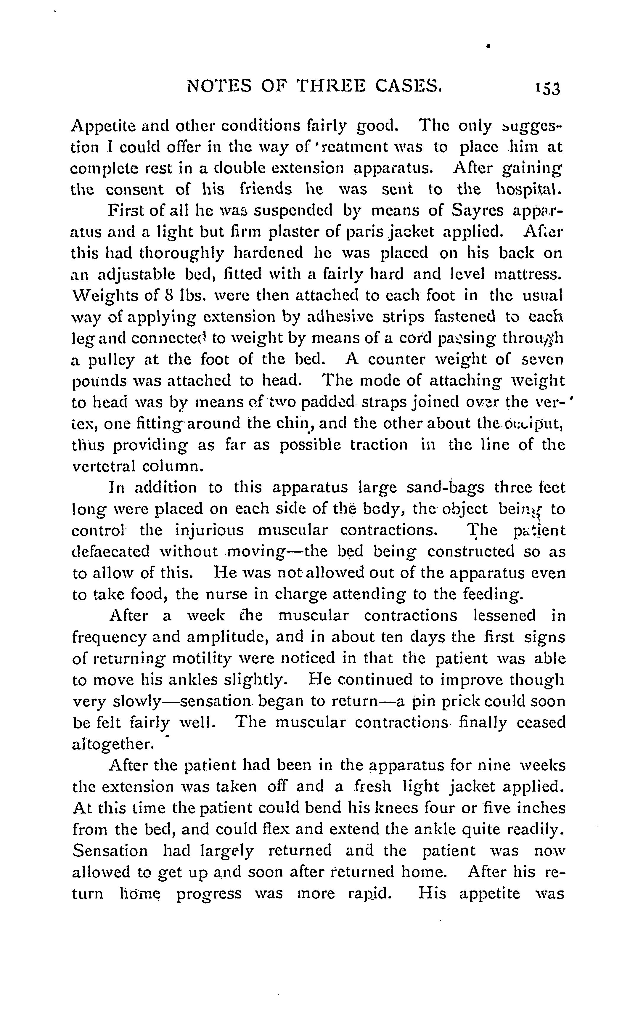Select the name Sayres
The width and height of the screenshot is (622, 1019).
477,211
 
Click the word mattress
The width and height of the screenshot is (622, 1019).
528,274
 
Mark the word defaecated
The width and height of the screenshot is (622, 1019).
110,552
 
